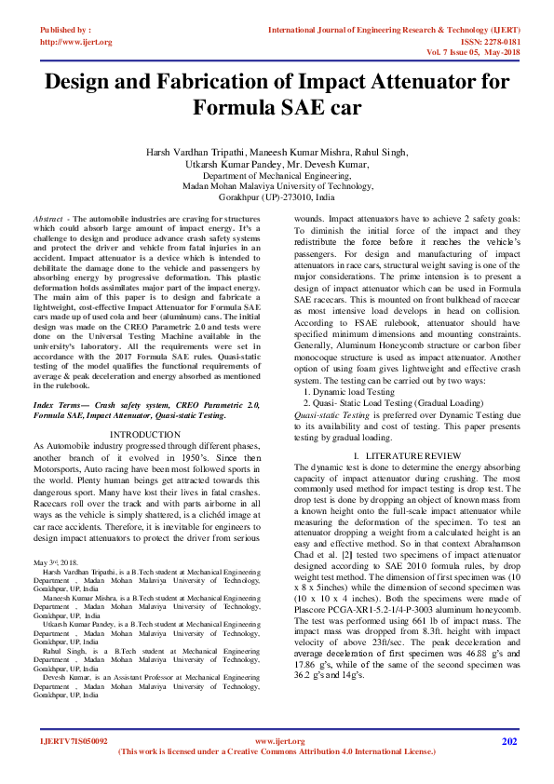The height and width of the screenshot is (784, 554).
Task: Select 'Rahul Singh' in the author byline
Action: coord(380,152)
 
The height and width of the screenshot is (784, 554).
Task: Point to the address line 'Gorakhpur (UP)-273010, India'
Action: coord(276,197)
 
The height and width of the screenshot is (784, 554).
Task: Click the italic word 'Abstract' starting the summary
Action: coord(47,216)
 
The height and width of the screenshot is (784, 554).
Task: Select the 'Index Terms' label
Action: coord(56,406)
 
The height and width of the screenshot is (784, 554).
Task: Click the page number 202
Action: coord(508,741)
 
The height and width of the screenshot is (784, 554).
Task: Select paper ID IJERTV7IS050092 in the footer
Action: coord(74,741)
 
